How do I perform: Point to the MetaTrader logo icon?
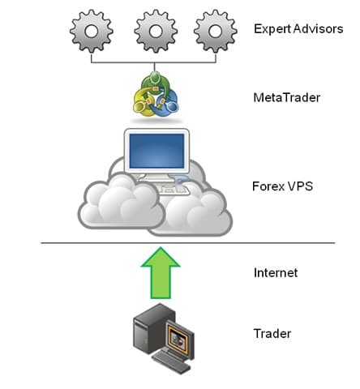155,96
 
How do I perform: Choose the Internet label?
276,273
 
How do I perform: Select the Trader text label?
272,333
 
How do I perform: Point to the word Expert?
271,30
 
